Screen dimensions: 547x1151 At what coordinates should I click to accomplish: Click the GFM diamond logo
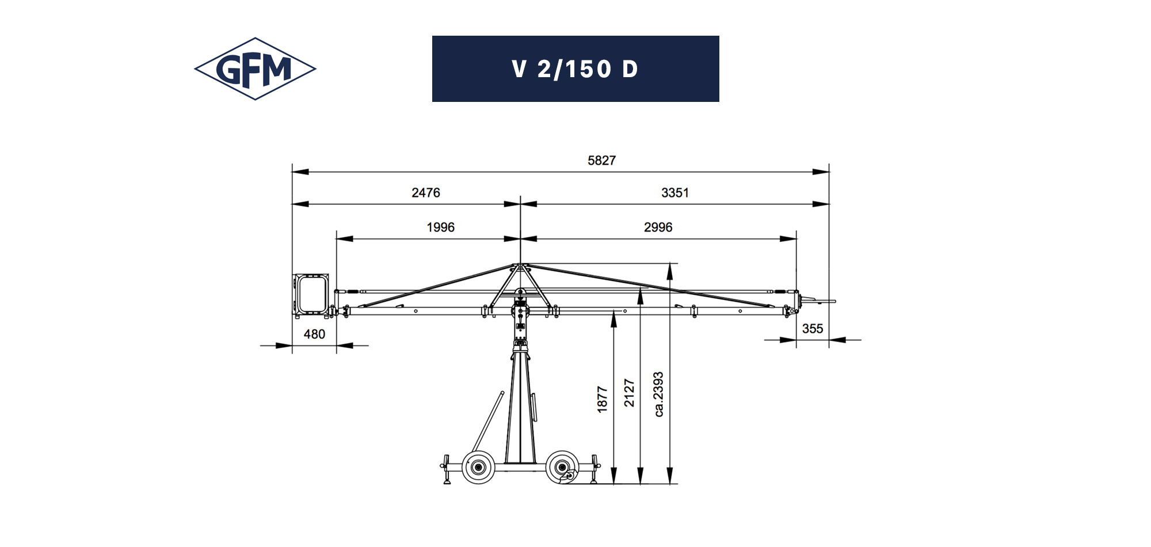pyautogui.click(x=255, y=69)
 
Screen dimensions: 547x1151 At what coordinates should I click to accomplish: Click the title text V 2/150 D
pyautogui.click(x=575, y=69)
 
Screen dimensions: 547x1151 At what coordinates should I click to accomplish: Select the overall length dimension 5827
pyautogui.click(x=601, y=161)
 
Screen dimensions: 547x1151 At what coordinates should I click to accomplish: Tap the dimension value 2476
pyautogui.click(x=425, y=193)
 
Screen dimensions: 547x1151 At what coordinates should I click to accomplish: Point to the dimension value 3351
pyautogui.click(x=674, y=193)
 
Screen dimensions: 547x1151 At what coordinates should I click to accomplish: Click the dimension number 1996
pyautogui.click(x=440, y=227)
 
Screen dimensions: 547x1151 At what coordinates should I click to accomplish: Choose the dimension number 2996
pyautogui.click(x=658, y=227)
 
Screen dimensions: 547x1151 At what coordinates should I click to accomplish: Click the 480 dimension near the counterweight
pyautogui.click(x=314, y=334)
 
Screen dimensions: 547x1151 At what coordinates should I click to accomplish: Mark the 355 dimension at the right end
pyautogui.click(x=812, y=329)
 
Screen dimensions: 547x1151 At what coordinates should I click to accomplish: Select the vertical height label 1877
pyautogui.click(x=603, y=399)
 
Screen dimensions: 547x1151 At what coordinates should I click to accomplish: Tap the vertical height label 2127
pyautogui.click(x=629, y=393)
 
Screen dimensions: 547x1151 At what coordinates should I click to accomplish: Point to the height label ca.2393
pyautogui.click(x=659, y=394)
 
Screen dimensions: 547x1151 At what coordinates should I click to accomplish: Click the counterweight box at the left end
pyautogui.click(x=311, y=294)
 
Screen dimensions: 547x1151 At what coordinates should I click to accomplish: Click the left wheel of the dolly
pyautogui.click(x=478, y=467)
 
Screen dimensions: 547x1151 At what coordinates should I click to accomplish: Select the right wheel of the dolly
pyautogui.click(x=562, y=467)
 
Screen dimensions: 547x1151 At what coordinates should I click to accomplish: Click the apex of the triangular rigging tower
pyautogui.click(x=520, y=265)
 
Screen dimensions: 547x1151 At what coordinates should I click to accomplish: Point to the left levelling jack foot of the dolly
pyautogui.click(x=447, y=480)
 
